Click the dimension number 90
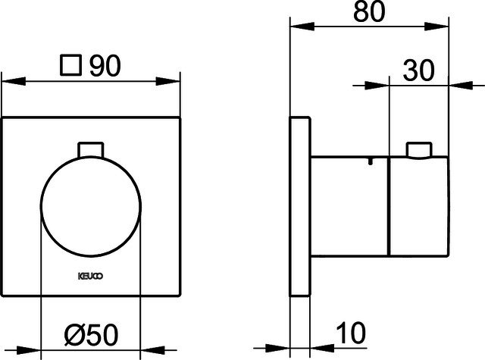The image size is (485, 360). click(x=105, y=66)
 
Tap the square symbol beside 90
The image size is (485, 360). click(x=71, y=65)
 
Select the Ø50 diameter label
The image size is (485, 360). click(x=92, y=335)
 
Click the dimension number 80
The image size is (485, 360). click(x=369, y=12)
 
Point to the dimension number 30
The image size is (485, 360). click(x=419, y=70)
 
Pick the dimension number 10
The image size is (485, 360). click(x=351, y=333)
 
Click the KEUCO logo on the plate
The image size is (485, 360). click(x=90, y=276)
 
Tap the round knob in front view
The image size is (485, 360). click(x=91, y=207)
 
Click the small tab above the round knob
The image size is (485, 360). click(x=90, y=150)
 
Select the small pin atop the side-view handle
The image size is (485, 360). click(x=419, y=151)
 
